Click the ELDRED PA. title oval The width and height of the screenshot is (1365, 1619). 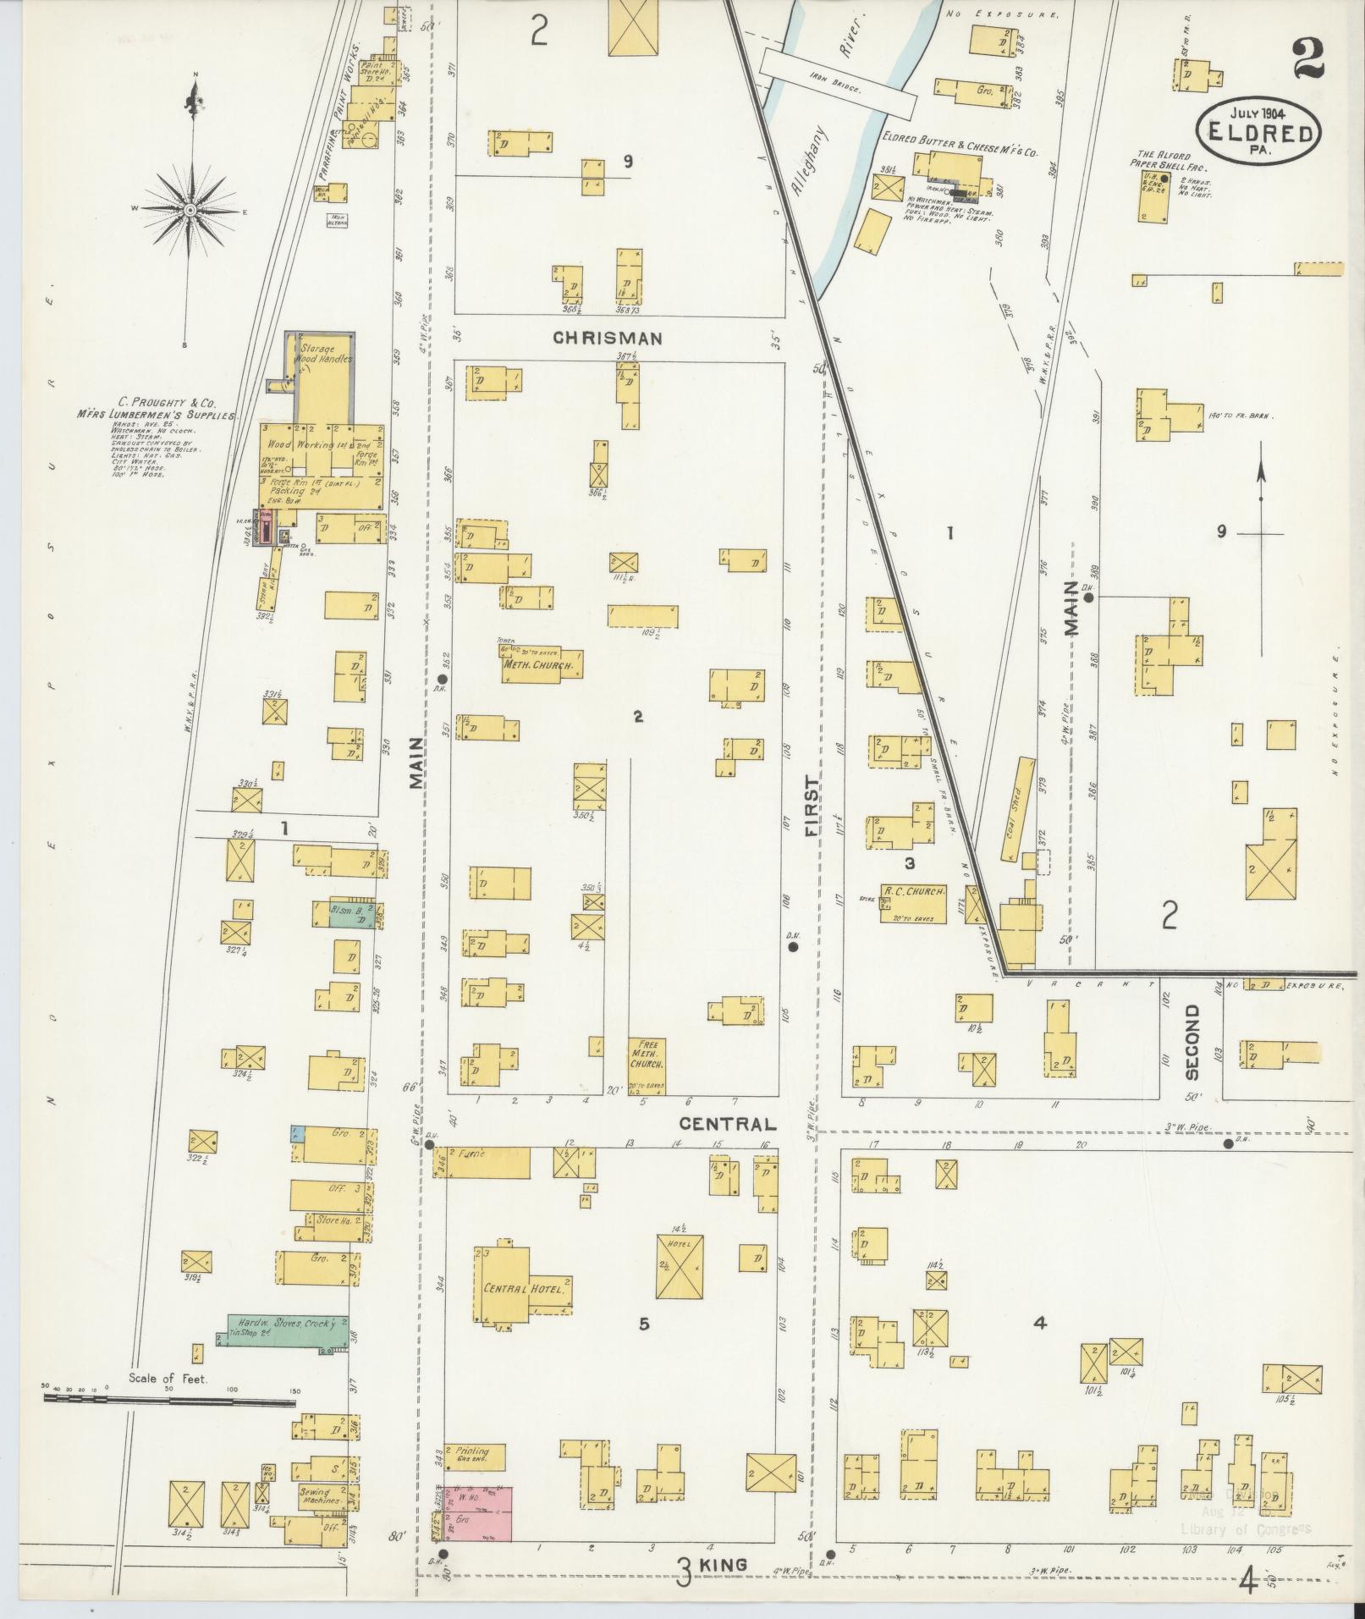point(1259,132)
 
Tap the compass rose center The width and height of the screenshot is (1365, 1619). point(191,209)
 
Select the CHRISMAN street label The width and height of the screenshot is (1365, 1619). point(607,339)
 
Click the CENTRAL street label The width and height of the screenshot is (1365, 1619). point(728,1124)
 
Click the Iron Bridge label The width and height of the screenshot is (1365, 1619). point(836,85)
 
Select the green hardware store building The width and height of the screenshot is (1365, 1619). point(288,1331)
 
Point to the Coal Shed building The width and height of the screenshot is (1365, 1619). point(1019,807)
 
